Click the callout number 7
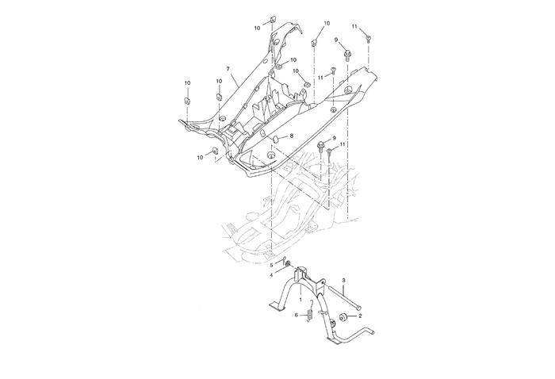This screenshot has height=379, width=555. coord(228,70)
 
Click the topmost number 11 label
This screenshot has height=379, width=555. coord(354,27)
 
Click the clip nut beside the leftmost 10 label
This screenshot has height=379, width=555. coord(188,100)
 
